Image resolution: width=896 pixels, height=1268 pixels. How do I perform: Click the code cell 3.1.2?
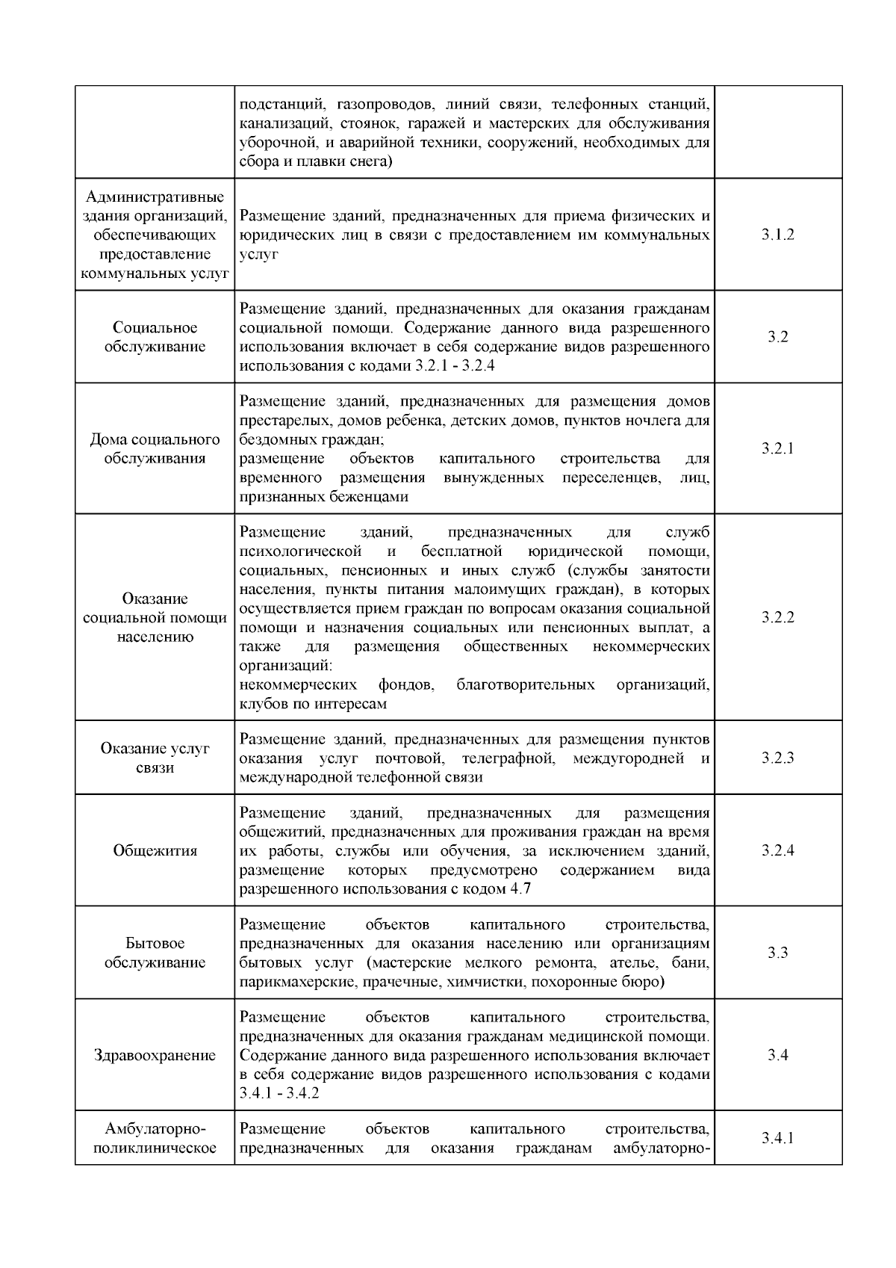click(x=778, y=235)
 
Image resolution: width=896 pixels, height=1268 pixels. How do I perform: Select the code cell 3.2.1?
click(x=778, y=448)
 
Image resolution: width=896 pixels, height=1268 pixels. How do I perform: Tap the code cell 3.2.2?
click(x=778, y=617)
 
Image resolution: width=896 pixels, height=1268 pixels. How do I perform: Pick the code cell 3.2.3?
click(x=778, y=758)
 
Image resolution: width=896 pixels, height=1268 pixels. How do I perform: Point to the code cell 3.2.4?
click(x=778, y=850)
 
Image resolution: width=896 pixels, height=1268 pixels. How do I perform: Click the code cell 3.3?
click(x=778, y=953)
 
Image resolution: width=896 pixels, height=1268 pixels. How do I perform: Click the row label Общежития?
click(x=155, y=850)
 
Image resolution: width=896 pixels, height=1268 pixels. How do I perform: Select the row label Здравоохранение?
click(x=155, y=1055)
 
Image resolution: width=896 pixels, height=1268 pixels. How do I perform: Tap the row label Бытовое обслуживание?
click(x=155, y=953)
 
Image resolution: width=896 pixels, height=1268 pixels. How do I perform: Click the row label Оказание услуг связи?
click(x=155, y=758)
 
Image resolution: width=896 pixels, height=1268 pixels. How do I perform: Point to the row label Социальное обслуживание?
click(x=155, y=337)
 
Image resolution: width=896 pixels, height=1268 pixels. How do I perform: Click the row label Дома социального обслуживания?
click(x=155, y=448)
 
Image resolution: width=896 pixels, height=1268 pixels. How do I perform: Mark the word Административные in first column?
click(x=155, y=197)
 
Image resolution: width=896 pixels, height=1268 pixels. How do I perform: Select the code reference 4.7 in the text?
click(x=520, y=889)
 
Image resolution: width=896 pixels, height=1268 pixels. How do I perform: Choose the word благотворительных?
click(x=526, y=684)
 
